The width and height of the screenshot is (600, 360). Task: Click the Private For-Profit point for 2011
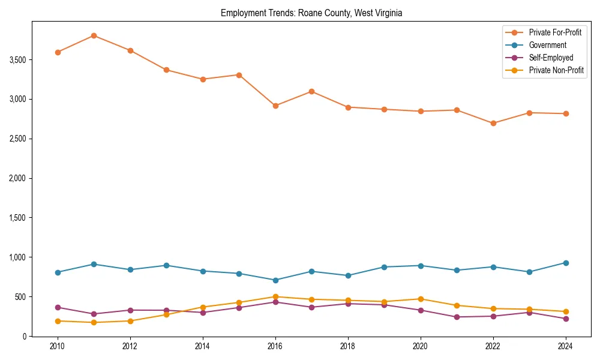point(94,35)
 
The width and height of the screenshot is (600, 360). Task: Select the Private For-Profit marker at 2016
point(275,106)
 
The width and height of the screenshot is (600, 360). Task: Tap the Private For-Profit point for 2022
point(493,123)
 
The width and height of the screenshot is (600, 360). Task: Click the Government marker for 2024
point(566,263)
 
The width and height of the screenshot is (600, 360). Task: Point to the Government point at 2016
point(275,280)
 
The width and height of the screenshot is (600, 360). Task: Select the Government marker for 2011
point(94,264)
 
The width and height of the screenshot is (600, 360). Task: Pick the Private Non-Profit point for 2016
point(275,296)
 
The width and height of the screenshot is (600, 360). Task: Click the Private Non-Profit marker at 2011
point(94,322)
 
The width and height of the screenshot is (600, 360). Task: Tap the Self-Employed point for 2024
point(566,319)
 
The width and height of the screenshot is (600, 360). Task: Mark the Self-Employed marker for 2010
point(58,307)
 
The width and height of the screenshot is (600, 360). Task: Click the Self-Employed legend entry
point(551,58)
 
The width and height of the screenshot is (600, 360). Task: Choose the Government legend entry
point(547,45)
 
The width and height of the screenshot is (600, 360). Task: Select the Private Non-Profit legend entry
point(556,70)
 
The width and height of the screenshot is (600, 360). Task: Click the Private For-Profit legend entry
point(555,32)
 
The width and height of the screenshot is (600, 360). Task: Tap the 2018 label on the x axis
point(348,346)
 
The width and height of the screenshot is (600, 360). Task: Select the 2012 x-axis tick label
point(130,346)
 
